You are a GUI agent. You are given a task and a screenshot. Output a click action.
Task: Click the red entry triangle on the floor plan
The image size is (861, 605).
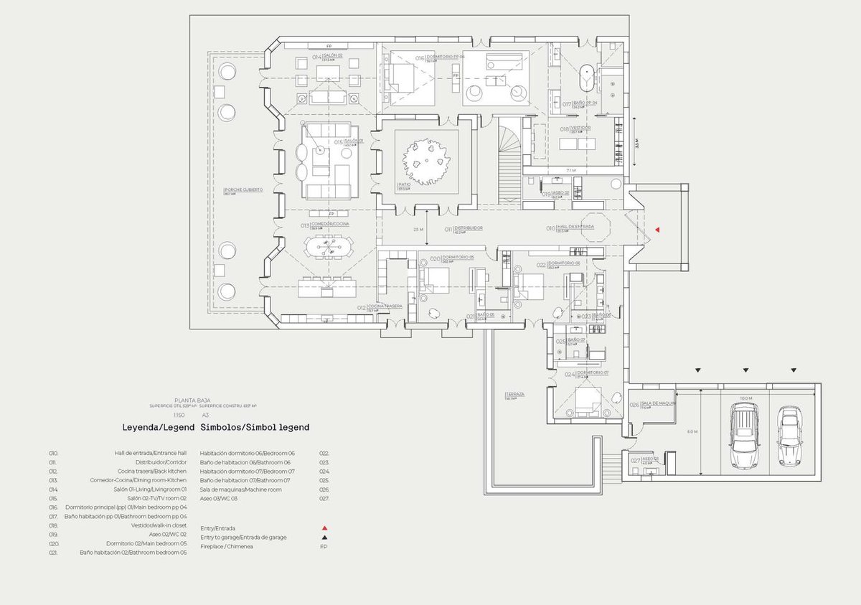click(657, 230)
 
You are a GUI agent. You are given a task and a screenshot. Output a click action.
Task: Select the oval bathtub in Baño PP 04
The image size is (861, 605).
click(588, 78)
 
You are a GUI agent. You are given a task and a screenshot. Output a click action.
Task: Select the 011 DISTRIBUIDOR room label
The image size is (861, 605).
click(463, 228)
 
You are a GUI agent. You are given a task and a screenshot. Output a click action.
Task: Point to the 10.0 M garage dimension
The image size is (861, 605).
click(746, 398)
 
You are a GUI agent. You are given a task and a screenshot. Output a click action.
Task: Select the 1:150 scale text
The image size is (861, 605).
click(179, 416)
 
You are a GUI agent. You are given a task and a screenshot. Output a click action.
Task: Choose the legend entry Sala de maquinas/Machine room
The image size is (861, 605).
click(241, 489)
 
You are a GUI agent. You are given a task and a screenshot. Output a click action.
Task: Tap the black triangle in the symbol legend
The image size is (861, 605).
click(324, 537)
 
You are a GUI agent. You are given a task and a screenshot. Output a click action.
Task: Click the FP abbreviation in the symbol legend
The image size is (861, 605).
click(324, 546)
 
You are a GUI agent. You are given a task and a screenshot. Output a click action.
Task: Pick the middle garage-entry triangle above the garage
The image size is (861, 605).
click(745, 370)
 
